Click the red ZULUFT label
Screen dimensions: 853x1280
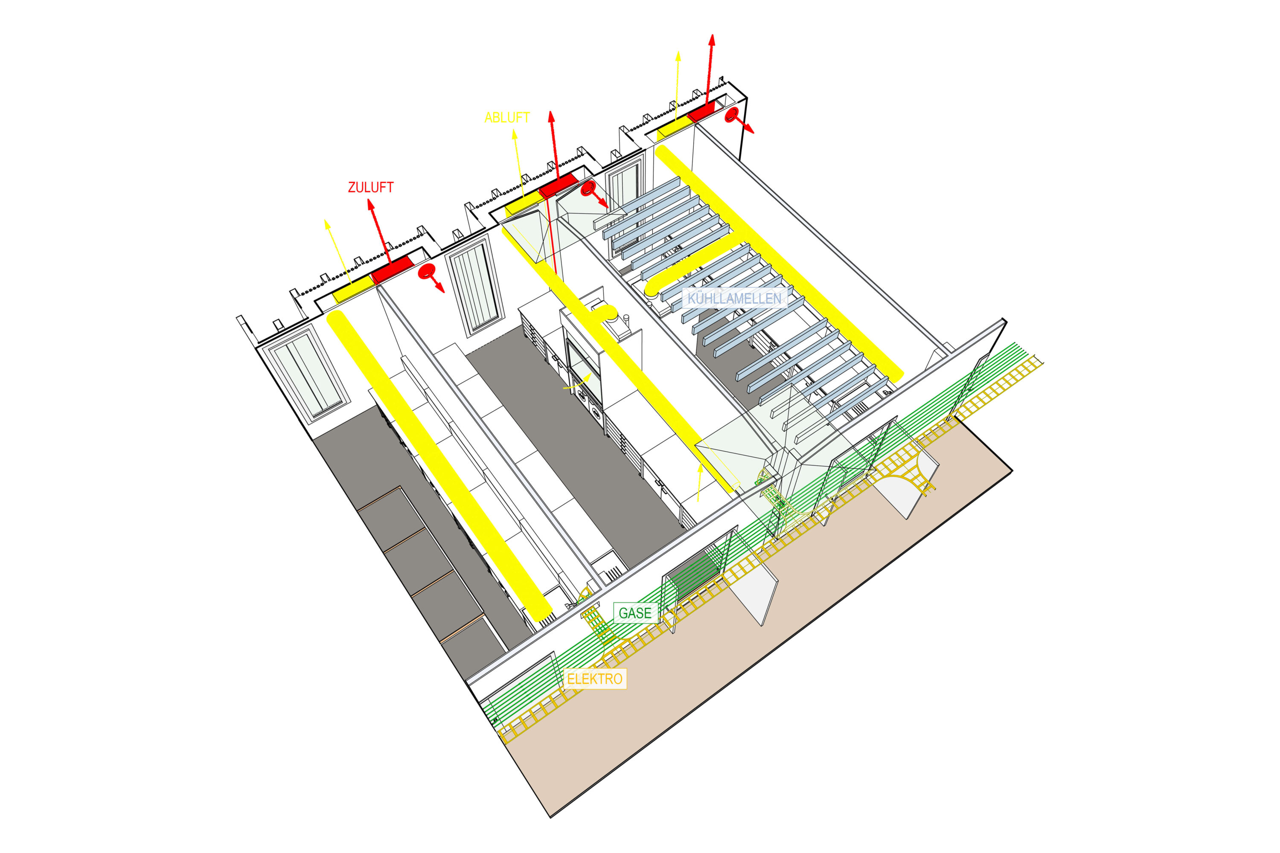pyautogui.click(x=371, y=187)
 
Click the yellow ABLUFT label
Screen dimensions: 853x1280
pyautogui.click(x=507, y=118)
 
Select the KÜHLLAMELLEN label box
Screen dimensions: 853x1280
pyautogui.click(x=734, y=298)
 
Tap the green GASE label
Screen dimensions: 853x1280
pyautogui.click(x=634, y=613)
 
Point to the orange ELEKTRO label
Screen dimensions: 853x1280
pyautogui.click(x=594, y=679)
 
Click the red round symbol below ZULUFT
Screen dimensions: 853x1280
pyautogui.click(x=427, y=271)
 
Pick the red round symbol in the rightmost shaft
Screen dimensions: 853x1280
pyautogui.click(x=732, y=114)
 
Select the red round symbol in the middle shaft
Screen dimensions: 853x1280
pyautogui.click(x=588, y=189)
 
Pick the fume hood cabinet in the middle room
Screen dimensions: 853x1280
pyautogui.click(x=582, y=354)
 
